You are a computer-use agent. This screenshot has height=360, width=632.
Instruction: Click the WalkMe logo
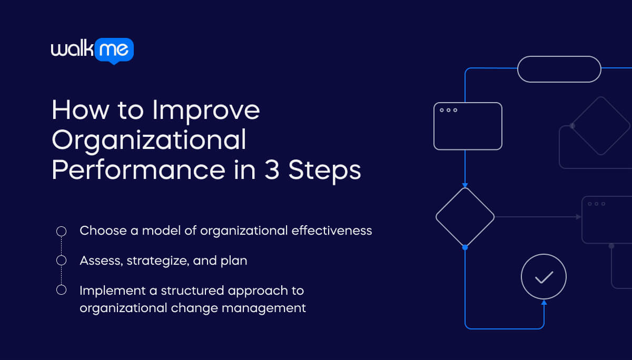tap(92, 51)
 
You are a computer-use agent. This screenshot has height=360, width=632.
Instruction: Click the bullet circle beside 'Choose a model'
tap(61, 231)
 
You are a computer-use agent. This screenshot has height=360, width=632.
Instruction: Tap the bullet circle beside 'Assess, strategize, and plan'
tap(61, 261)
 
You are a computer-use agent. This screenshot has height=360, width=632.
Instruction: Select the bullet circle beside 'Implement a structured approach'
tap(61, 290)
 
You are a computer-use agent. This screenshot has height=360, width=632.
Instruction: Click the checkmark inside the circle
tap(544, 277)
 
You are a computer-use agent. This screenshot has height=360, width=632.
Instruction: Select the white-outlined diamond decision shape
tap(465, 216)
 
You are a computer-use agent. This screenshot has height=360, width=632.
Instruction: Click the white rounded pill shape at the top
tap(559, 69)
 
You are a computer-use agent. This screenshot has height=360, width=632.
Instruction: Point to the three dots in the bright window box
tap(448, 110)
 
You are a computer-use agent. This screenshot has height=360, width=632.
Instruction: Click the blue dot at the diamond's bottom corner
tap(465, 246)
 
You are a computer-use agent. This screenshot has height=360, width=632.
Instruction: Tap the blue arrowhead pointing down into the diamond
tap(465, 185)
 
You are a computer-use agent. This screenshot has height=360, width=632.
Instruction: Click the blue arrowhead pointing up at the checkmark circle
tap(544, 302)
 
